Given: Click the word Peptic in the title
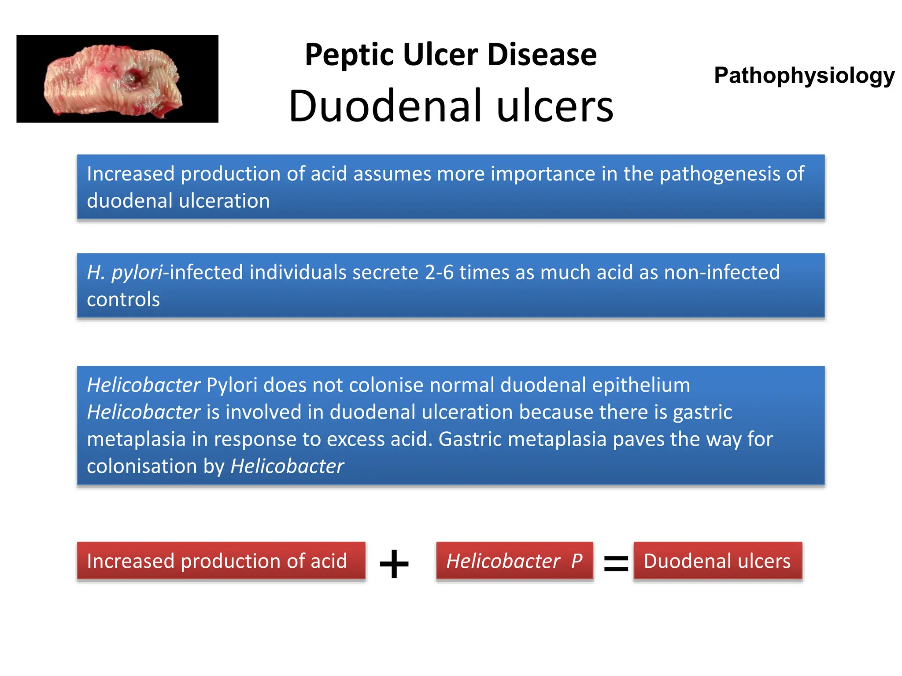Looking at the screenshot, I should tap(348, 55).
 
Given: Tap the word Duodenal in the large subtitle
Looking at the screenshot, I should tap(387, 106).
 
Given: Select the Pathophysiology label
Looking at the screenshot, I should tap(804, 75).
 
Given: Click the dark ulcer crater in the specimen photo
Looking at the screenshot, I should tap(129, 79).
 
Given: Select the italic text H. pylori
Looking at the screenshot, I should tap(125, 272).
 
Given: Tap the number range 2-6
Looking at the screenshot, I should tap(439, 272).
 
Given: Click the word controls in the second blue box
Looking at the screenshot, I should tap(123, 300).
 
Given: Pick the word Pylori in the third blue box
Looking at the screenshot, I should tap(232, 385).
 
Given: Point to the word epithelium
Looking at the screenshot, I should tap(641, 385).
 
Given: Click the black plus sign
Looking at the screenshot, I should tap(394, 563).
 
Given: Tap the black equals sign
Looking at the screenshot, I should tap(616, 564).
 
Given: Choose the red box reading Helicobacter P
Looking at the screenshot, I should tap(514, 561).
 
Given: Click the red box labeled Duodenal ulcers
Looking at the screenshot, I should tap(717, 561).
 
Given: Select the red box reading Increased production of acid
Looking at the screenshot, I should tap(221, 561).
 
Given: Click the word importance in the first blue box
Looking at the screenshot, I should tap(543, 174).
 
